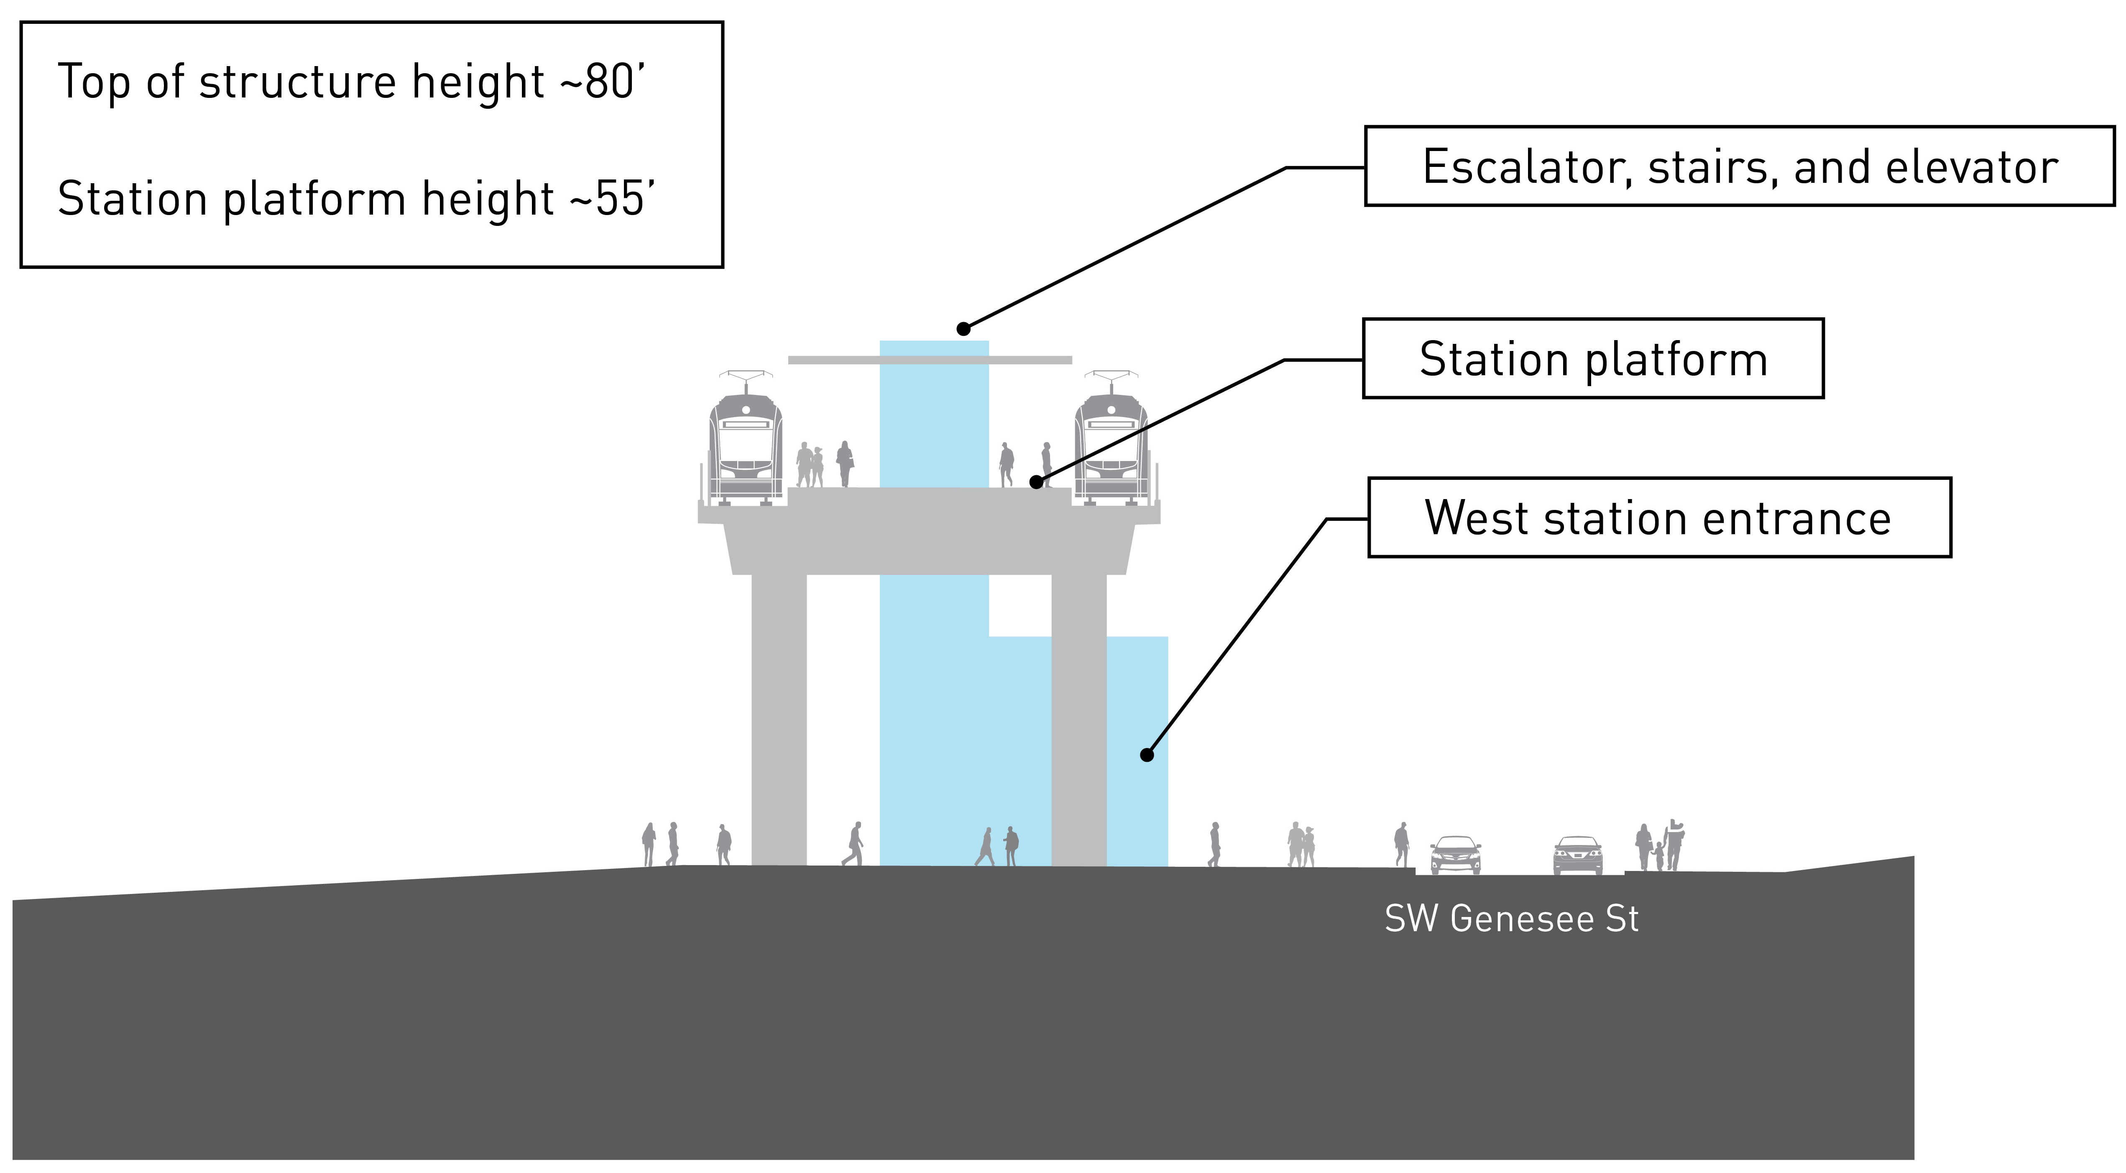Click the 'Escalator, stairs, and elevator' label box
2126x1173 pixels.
[x=1740, y=166]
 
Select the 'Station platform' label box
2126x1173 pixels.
[x=1593, y=358]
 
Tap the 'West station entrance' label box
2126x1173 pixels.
[x=1659, y=517]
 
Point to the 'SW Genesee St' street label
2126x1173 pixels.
[x=1511, y=919]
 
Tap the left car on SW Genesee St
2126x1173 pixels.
[x=1455, y=855]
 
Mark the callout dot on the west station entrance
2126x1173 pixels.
[x=1146, y=755]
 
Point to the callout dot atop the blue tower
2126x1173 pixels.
[x=963, y=328]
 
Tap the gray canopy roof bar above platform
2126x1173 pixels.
[x=930, y=360]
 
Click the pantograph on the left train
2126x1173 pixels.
[x=746, y=382]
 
